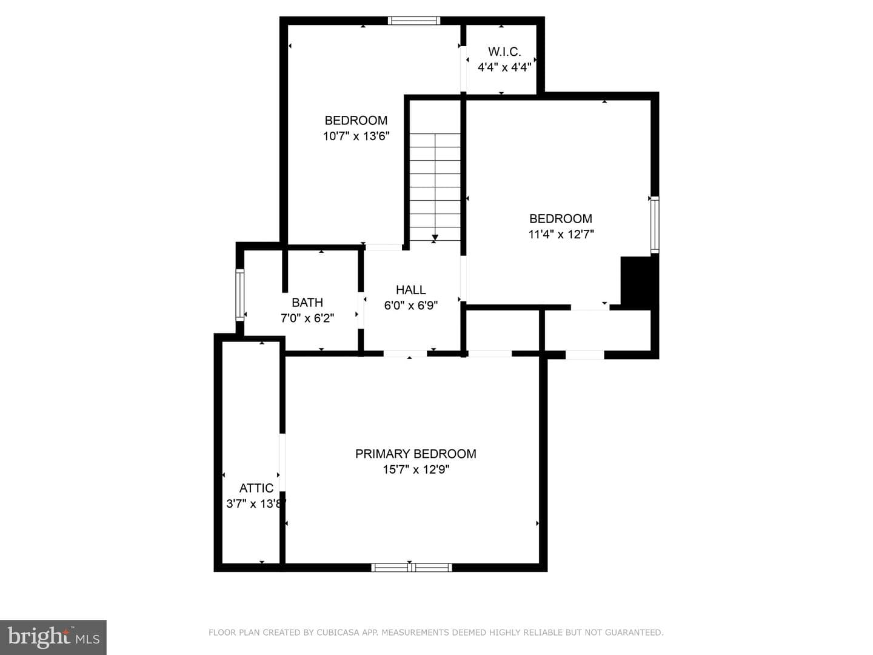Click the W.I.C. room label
coord(504,52)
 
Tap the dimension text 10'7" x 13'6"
coord(356,136)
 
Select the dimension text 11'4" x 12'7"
coord(561,234)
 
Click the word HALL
coord(411,289)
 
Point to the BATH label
coord(307,303)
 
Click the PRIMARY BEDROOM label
coord(416,454)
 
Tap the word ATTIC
coord(256,488)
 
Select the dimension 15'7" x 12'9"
coord(416,469)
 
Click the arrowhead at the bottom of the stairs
coord(435,238)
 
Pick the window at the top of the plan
coord(414,21)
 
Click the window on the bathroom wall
coord(240,295)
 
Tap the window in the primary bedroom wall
coord(412,568)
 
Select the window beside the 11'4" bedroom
coord(655,224)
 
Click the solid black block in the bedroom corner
coord(635,283)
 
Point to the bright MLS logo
coord(53,637)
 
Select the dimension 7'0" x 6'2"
coord(307,318)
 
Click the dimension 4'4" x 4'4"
coord(504,67)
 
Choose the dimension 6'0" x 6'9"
coord(411,306)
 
